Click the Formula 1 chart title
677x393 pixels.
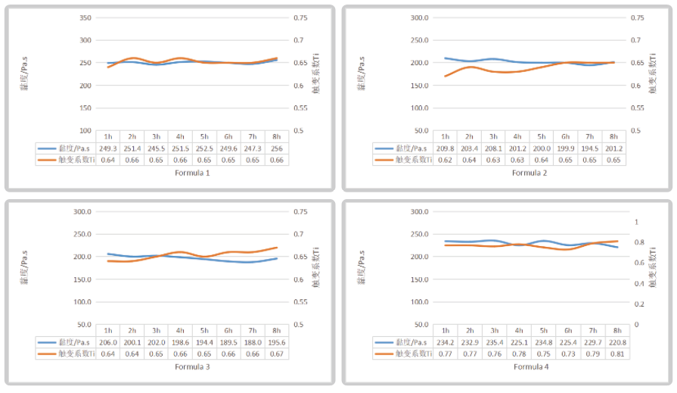click(193, 173)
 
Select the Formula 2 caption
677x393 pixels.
click(529, 173)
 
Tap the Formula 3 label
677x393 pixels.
click(193, 367)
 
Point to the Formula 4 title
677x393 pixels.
click(529, 367)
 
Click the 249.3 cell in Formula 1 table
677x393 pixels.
click(108, 148)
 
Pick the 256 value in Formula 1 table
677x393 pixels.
click(277, 148)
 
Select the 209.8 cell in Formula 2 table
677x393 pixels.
click(446, 148)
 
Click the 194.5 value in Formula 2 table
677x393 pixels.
click(590, 148)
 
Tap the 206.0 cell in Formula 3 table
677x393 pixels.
click(108, 342)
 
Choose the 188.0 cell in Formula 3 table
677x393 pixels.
click(253, 342)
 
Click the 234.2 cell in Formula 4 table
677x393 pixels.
click(446, 342)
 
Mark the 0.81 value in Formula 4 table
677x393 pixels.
click(614, 354)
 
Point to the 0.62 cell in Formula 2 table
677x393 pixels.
click(446, 160)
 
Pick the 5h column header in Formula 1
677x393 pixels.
click(204, 136)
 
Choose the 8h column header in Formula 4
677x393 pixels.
click(614, 331)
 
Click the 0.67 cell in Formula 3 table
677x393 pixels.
click(277, 354)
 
